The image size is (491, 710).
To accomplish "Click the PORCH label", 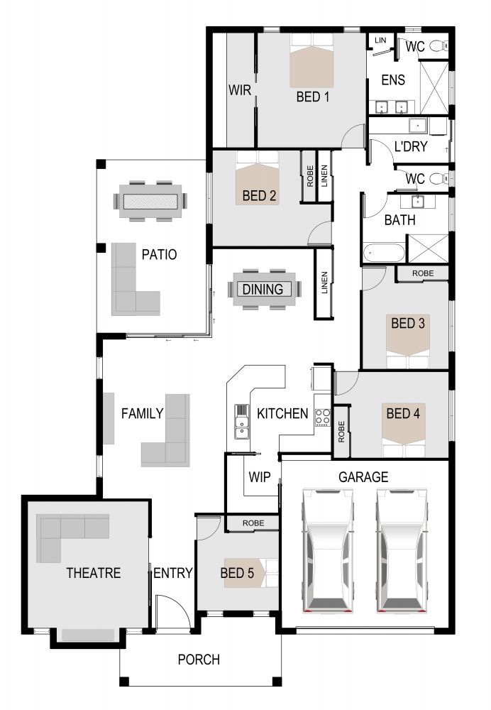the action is pos(199,660).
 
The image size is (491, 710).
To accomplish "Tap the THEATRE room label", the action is pos(93,573).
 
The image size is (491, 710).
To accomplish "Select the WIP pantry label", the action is pos(259,477).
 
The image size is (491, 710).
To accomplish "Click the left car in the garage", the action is pos(328,550).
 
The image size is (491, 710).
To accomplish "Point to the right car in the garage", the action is pos(402,550).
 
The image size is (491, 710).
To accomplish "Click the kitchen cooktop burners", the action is pos(322,417).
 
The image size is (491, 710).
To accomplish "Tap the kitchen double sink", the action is pos(242,421).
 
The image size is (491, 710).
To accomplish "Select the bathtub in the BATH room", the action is pos(384,253).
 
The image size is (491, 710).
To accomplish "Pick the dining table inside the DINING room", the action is pos(264,289).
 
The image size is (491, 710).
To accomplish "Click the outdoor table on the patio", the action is pos(150,201).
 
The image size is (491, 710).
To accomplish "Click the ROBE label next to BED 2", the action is pos(310,176).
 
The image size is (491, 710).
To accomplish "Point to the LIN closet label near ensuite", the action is pos(380,40).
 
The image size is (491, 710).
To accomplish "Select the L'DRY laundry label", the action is pos(411,146).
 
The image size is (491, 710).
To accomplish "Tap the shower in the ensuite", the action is pos(434,87).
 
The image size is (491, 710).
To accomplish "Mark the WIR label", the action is pos(239,90).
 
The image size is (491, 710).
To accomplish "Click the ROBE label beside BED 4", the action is pos(341,432).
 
